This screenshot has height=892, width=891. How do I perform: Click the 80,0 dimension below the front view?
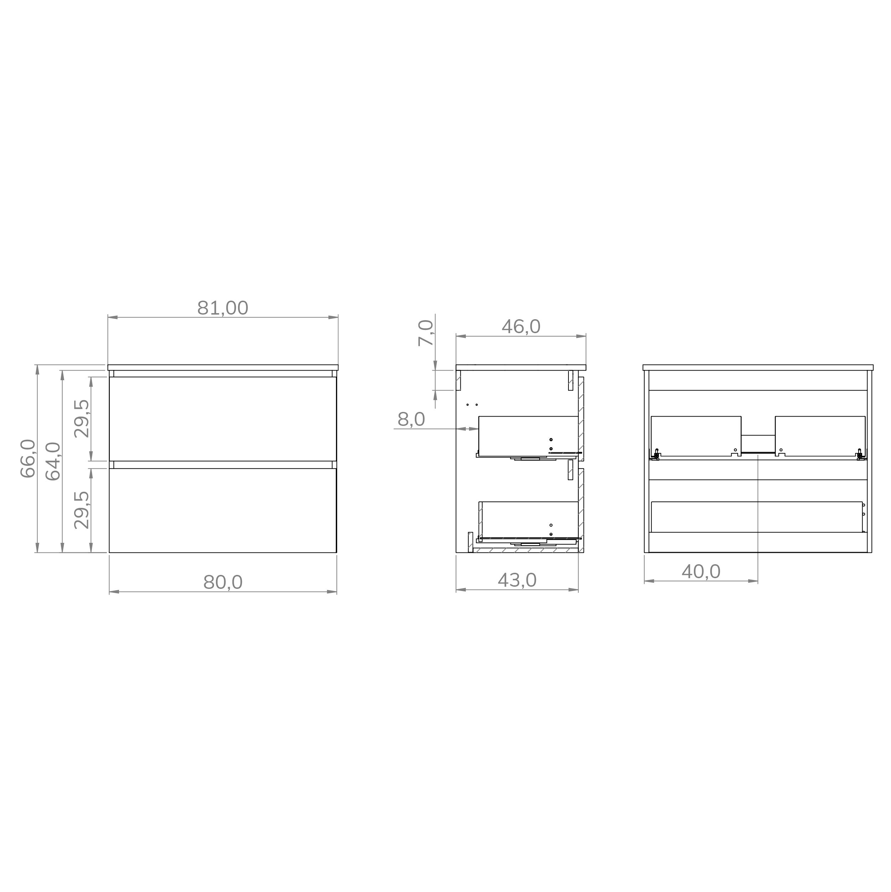[x=223, y=583]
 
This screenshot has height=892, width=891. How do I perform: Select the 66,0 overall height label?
[x=28, y=458]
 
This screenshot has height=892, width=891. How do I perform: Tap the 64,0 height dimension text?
[x=54, y=461]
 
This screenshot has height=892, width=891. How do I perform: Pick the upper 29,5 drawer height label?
[x=82, y=419]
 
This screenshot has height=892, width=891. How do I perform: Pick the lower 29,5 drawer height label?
[x=82, y=510]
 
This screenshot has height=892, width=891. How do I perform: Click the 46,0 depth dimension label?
[x=521, y=327]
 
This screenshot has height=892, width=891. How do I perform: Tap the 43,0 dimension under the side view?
[x=517, y=580]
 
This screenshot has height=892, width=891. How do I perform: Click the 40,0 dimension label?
[x=701, y=572]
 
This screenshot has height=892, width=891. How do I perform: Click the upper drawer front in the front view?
[x=223, y=419]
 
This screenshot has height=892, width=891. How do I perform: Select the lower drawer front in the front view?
[x=223, y=510]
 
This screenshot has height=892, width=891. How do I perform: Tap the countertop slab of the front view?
[x=223, y=367]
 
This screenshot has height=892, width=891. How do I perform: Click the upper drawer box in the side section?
[x=528, y=435]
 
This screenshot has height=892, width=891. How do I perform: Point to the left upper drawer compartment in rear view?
[x=696, y=436]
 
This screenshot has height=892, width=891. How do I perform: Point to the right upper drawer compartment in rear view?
[x=820, y=436]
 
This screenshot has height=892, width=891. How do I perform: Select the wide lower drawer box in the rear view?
[x=757, y=517]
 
